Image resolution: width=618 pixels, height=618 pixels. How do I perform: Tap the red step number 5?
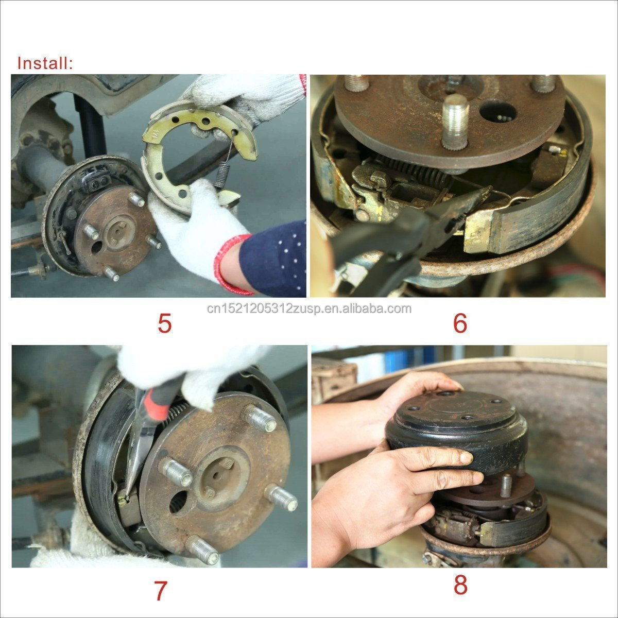pyautogui.click(x=165, y=323)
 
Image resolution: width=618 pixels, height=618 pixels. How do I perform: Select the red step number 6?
pyautogui.click(x=460, y=323)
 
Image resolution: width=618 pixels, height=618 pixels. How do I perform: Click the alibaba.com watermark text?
pyautogui.click(x=309, y=308)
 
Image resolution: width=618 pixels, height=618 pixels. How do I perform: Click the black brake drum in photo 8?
pyautogui.click(x=457, y=433)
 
